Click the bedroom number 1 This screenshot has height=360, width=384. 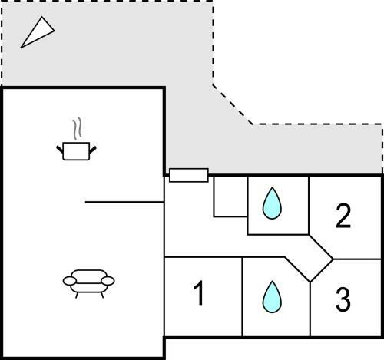199,292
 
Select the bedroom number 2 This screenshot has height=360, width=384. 343,216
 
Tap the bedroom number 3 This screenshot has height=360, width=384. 343,299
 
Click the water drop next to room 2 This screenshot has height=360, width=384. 272,203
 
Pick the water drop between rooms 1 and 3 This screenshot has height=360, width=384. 272,297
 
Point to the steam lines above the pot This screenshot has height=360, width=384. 78,128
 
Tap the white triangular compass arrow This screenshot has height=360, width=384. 38,32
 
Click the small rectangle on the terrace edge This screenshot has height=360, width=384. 189,175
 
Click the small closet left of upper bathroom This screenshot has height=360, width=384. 230,197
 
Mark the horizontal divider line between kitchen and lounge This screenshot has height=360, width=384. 124,202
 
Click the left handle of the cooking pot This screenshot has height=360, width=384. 60,150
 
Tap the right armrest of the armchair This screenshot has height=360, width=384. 108,281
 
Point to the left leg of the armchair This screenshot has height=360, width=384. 77,295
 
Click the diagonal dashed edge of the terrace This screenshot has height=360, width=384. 233,104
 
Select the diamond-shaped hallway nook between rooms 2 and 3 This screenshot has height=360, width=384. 310,259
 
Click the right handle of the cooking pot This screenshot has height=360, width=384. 92,150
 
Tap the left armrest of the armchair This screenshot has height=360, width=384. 70,281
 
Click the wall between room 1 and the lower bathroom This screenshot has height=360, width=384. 242,297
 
